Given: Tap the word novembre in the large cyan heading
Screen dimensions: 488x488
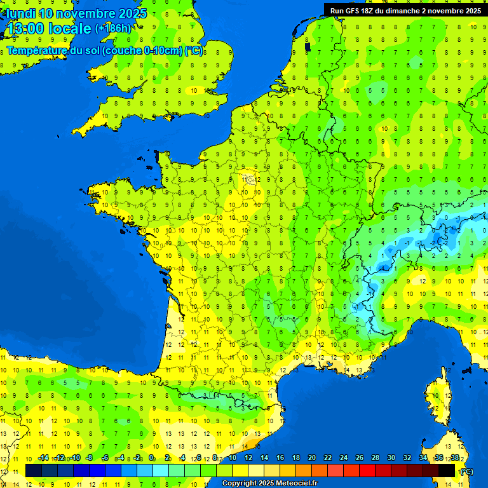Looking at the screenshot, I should coord(86,13).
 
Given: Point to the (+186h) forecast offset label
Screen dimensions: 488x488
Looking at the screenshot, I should coord(113,29).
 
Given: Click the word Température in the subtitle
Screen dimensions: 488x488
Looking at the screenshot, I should coord(37,50).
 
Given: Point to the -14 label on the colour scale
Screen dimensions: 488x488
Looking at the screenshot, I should coord(43,458).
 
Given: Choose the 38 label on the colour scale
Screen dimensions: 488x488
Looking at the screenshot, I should coord(455,458).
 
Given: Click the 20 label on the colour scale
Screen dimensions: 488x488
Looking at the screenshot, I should coord(311,458).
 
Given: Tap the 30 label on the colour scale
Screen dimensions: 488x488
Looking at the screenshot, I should coord(390,458).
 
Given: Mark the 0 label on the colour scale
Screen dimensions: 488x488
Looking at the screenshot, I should coord(151,458).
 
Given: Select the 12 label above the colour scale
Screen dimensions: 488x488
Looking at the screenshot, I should coord(248,458).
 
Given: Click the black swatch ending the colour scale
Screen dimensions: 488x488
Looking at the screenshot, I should coord(447,470).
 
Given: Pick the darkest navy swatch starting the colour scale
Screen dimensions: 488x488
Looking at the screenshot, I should coord(34,470).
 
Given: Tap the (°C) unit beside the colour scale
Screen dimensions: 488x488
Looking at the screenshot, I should coord(466,471).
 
